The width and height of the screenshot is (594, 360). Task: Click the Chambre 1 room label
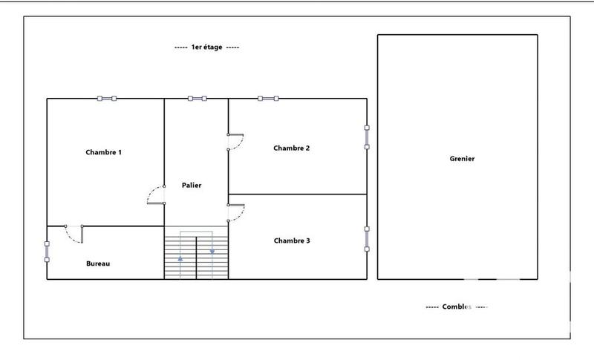[x=103, y=152]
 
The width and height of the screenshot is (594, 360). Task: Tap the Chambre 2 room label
[x=291, y=148]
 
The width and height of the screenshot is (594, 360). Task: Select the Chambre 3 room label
[x=292, y=240]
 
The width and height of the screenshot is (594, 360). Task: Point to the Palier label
[x=192, y=186]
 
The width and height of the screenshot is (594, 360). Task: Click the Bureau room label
[x=98, y=264]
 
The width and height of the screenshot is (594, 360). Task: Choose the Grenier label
[x=462, y=159]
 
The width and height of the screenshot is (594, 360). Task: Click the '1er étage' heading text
[x=206, y=47]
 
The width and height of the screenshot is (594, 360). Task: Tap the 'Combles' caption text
[x=457, y=307]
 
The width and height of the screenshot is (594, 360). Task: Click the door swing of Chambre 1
[x=155, y=196]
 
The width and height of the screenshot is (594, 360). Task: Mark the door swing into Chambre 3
[x=236, y=213]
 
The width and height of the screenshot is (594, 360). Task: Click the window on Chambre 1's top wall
[x=106, y=98]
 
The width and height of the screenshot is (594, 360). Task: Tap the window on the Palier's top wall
[x=197, y=98]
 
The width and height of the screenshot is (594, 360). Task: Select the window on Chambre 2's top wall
[x=267, y=98]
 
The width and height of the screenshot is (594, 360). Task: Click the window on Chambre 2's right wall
[x=367, y=137]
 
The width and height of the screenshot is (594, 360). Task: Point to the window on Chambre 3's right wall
[x=367, y=239]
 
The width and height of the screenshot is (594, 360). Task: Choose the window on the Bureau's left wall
[x=47, y=251]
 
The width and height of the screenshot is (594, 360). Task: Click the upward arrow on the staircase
[x=180, y=259]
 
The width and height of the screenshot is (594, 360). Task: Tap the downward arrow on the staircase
[x=212, y=251]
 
